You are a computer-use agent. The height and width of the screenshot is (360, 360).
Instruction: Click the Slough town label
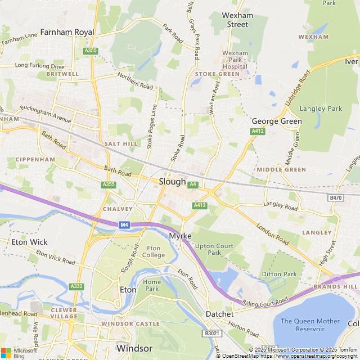(172, 182)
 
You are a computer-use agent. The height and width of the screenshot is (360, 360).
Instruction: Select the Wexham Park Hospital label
(235, 59)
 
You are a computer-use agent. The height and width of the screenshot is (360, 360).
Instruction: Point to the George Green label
(276, 121)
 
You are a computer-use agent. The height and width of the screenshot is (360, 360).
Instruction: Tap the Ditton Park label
(278, 274)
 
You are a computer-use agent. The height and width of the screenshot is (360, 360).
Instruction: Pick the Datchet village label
(219, 313)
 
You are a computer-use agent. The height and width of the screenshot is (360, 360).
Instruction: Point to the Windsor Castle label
(134, 323)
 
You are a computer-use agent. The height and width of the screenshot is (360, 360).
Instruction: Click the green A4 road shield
(193, 184)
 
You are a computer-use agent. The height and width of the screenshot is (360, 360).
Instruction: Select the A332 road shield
(76, 286)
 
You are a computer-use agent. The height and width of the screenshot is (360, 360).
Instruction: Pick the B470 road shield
(335, 198)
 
